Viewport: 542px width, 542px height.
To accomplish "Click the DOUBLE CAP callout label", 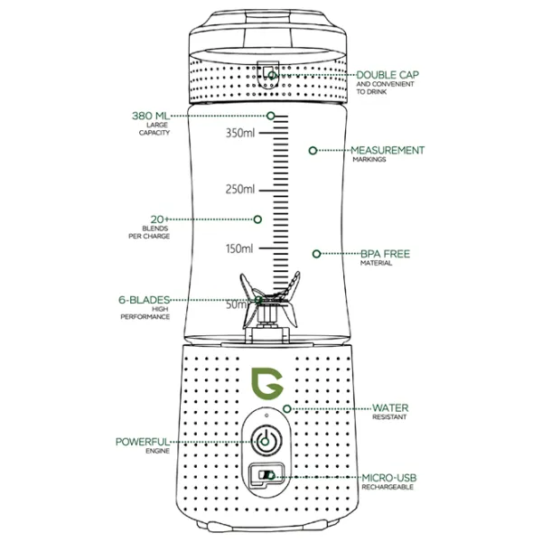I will click(389, 75).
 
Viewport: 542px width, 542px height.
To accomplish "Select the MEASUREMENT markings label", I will click(387, 150).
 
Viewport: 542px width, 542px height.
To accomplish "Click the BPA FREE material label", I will click(385, 254).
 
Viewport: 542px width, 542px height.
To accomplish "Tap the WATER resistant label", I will click(390, 407).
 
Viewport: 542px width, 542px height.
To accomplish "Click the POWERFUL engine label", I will click(142, 442).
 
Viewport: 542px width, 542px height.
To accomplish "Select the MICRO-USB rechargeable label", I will click(388, 476).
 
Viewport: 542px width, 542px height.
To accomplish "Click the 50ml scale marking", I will click(237, 304).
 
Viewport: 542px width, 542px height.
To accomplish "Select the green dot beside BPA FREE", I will click(316, 254).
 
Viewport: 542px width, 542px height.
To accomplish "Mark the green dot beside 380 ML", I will click(270, 116).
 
